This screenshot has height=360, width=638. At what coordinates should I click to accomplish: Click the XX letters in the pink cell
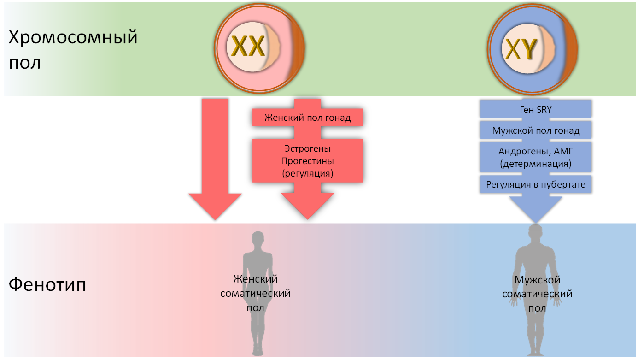248,46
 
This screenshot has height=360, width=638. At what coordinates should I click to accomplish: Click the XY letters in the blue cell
521,48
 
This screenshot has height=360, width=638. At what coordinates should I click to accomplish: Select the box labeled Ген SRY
535,109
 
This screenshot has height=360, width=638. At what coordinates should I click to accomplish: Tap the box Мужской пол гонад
535,130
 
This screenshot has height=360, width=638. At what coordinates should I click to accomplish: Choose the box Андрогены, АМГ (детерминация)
535,157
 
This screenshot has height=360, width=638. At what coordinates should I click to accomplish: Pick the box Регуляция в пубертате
535,184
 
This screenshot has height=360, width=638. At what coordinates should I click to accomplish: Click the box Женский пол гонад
308,118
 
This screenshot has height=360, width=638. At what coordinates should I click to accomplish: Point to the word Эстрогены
308,148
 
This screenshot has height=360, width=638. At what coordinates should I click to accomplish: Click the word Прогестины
308,161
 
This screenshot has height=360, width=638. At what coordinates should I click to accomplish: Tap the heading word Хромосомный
73,37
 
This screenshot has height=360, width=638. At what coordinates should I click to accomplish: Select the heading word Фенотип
47,284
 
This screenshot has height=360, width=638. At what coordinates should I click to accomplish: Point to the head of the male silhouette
535,232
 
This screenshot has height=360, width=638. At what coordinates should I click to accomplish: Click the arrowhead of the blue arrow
535,210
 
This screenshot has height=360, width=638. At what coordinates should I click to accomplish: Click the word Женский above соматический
256,279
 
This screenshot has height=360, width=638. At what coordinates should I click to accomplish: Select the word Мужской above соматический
537,280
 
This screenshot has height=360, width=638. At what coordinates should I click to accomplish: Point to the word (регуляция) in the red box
308,173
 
